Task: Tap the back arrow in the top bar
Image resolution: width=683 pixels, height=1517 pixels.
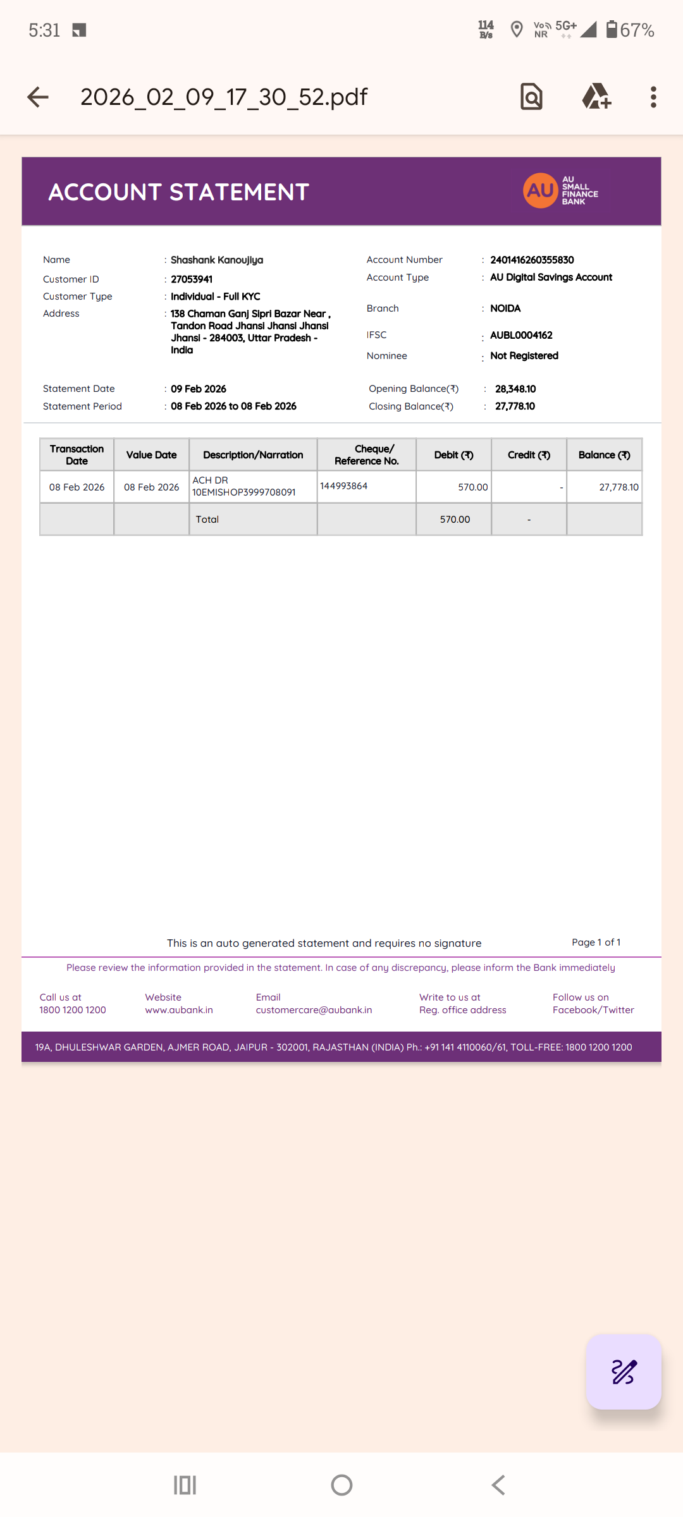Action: (x=38, y=97)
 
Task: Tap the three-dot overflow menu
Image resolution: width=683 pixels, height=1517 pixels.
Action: (x=653, y=97)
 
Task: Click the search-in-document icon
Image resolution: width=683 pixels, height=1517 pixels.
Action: (x=531, y=97)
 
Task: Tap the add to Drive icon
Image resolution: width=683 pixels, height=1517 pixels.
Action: (x=596, y=97)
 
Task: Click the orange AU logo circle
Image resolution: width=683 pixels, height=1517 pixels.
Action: (x=540, y=190)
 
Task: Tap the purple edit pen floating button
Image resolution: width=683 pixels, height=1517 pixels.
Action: (x=624, y=1372)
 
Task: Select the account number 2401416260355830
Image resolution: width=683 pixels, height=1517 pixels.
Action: (x=532, y=260)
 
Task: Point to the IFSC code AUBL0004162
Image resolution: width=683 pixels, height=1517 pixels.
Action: (x=521, y=335)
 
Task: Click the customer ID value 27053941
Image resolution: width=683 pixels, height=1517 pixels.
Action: (x=192, y=279)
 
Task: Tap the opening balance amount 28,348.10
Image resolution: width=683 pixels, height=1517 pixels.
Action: (x=515, y=389)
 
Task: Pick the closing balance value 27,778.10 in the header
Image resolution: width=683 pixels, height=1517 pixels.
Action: (x=515, y=406)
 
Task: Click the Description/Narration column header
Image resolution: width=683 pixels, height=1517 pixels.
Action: (x=253, y=455)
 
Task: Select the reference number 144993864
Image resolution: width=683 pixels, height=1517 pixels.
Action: (x=344, y=486)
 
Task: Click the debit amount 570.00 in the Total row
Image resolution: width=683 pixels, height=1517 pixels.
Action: (x=455, y=520)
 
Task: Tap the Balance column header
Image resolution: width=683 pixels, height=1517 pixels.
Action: (x=604, y=455)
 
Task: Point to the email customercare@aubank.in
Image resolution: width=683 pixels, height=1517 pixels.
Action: (x=314, y=1010)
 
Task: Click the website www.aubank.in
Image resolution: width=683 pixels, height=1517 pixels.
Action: (x=179, y=1010)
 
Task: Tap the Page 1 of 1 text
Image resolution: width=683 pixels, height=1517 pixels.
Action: (x=596, y=942)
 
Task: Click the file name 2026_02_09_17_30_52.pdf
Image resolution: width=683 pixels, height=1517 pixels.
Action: (x=224, y=97)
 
